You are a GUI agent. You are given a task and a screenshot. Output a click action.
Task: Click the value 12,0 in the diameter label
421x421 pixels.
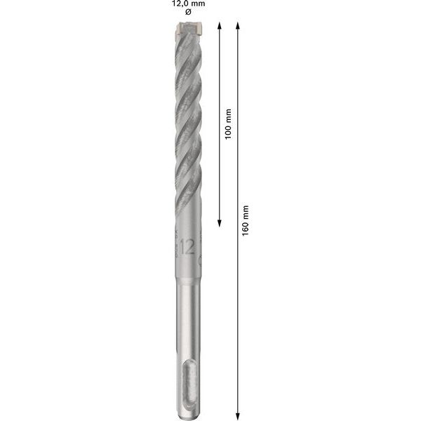pyautogui.click(x=178, y=4)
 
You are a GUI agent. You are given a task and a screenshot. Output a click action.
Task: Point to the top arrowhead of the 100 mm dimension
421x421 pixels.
pyautogui.click(x=221, y=25)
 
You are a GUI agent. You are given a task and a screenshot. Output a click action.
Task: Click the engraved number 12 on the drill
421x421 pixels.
pyautogui.click(x=187, y=246)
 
